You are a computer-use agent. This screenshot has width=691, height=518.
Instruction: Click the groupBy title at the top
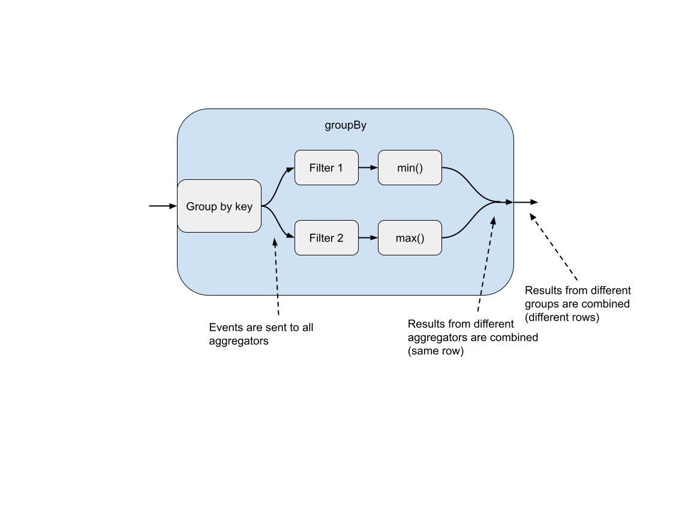pos(345,125)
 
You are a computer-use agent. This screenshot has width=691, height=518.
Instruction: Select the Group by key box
pos(219,206)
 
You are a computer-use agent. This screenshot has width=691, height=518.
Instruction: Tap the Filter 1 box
pos(326,168)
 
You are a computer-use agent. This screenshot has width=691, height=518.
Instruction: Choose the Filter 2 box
pos(326,238)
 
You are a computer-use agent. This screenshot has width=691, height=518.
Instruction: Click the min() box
pos(410,168)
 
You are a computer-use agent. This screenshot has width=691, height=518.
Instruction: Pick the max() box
pos(410,238)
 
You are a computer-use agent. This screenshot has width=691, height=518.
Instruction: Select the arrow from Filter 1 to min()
pos(368,168)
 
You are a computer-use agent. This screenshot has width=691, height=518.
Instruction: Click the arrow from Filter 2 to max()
pos(368,238)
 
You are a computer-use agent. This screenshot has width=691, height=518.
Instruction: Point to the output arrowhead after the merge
pos(509,203)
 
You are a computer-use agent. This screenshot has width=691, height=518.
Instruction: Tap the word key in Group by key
pos(244,207)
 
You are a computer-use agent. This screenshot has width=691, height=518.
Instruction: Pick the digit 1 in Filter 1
pos(340,168)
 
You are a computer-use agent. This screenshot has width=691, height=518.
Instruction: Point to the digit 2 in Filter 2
pos(340,238)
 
